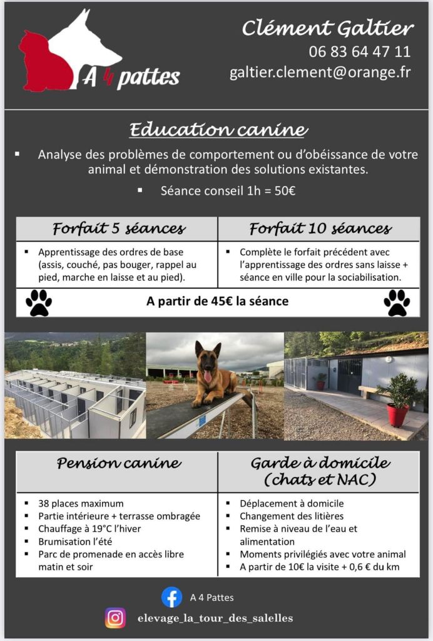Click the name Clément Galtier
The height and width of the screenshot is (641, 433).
point(328,28)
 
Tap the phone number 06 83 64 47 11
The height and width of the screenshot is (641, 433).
point(360,51)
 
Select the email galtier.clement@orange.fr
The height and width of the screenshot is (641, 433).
point(320,73)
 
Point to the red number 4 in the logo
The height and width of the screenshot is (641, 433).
point(106,78)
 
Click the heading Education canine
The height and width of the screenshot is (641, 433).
point(218,130)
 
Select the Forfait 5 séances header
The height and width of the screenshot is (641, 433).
point(119,228)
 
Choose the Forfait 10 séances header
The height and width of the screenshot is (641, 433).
point(320,228)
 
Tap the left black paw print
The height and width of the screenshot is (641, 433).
point(39,302)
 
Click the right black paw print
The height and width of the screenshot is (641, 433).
point(397,302)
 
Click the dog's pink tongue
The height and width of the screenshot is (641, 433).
point(207,376)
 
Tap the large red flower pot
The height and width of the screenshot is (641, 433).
point(397,414)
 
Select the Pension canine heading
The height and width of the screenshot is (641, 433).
point(119,464)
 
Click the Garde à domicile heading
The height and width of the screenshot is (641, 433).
point(320,471)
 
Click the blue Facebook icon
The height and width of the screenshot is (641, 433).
point(171,597)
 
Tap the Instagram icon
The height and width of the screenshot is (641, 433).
point(115,618)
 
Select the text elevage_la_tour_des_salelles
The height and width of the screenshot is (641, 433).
point(215,618)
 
